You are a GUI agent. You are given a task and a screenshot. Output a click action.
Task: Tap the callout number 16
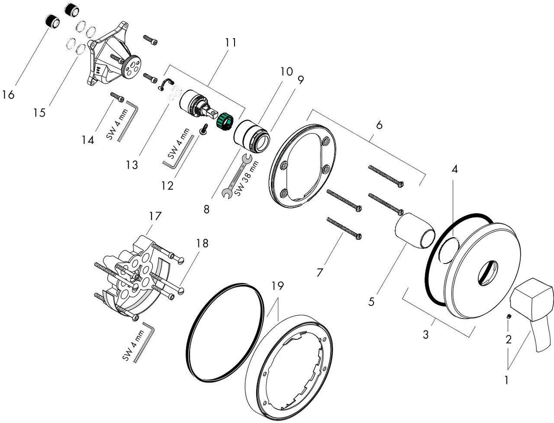pos(8,95)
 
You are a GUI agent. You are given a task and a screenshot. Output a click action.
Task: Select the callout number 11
pos(230,43)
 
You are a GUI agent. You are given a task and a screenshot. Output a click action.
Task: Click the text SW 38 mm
pos(247,178)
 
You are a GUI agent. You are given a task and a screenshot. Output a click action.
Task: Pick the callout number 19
pos(277,286)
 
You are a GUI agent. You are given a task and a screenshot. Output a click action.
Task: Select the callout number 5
pos(371,302)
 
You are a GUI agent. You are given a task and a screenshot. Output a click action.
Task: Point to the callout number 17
pos(155,216)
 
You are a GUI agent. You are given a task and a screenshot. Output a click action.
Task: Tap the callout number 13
pos(132,165)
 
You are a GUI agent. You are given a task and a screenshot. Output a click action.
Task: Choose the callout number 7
pos(319,273)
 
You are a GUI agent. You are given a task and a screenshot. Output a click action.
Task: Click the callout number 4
pos(455,169)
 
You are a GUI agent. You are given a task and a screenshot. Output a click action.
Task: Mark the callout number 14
pos(88,140)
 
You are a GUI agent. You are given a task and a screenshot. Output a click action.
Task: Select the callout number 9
pos(301,80)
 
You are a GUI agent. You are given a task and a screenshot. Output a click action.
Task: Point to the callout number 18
pos(202,243)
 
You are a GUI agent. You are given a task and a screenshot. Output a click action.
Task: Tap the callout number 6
pos(379,125)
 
